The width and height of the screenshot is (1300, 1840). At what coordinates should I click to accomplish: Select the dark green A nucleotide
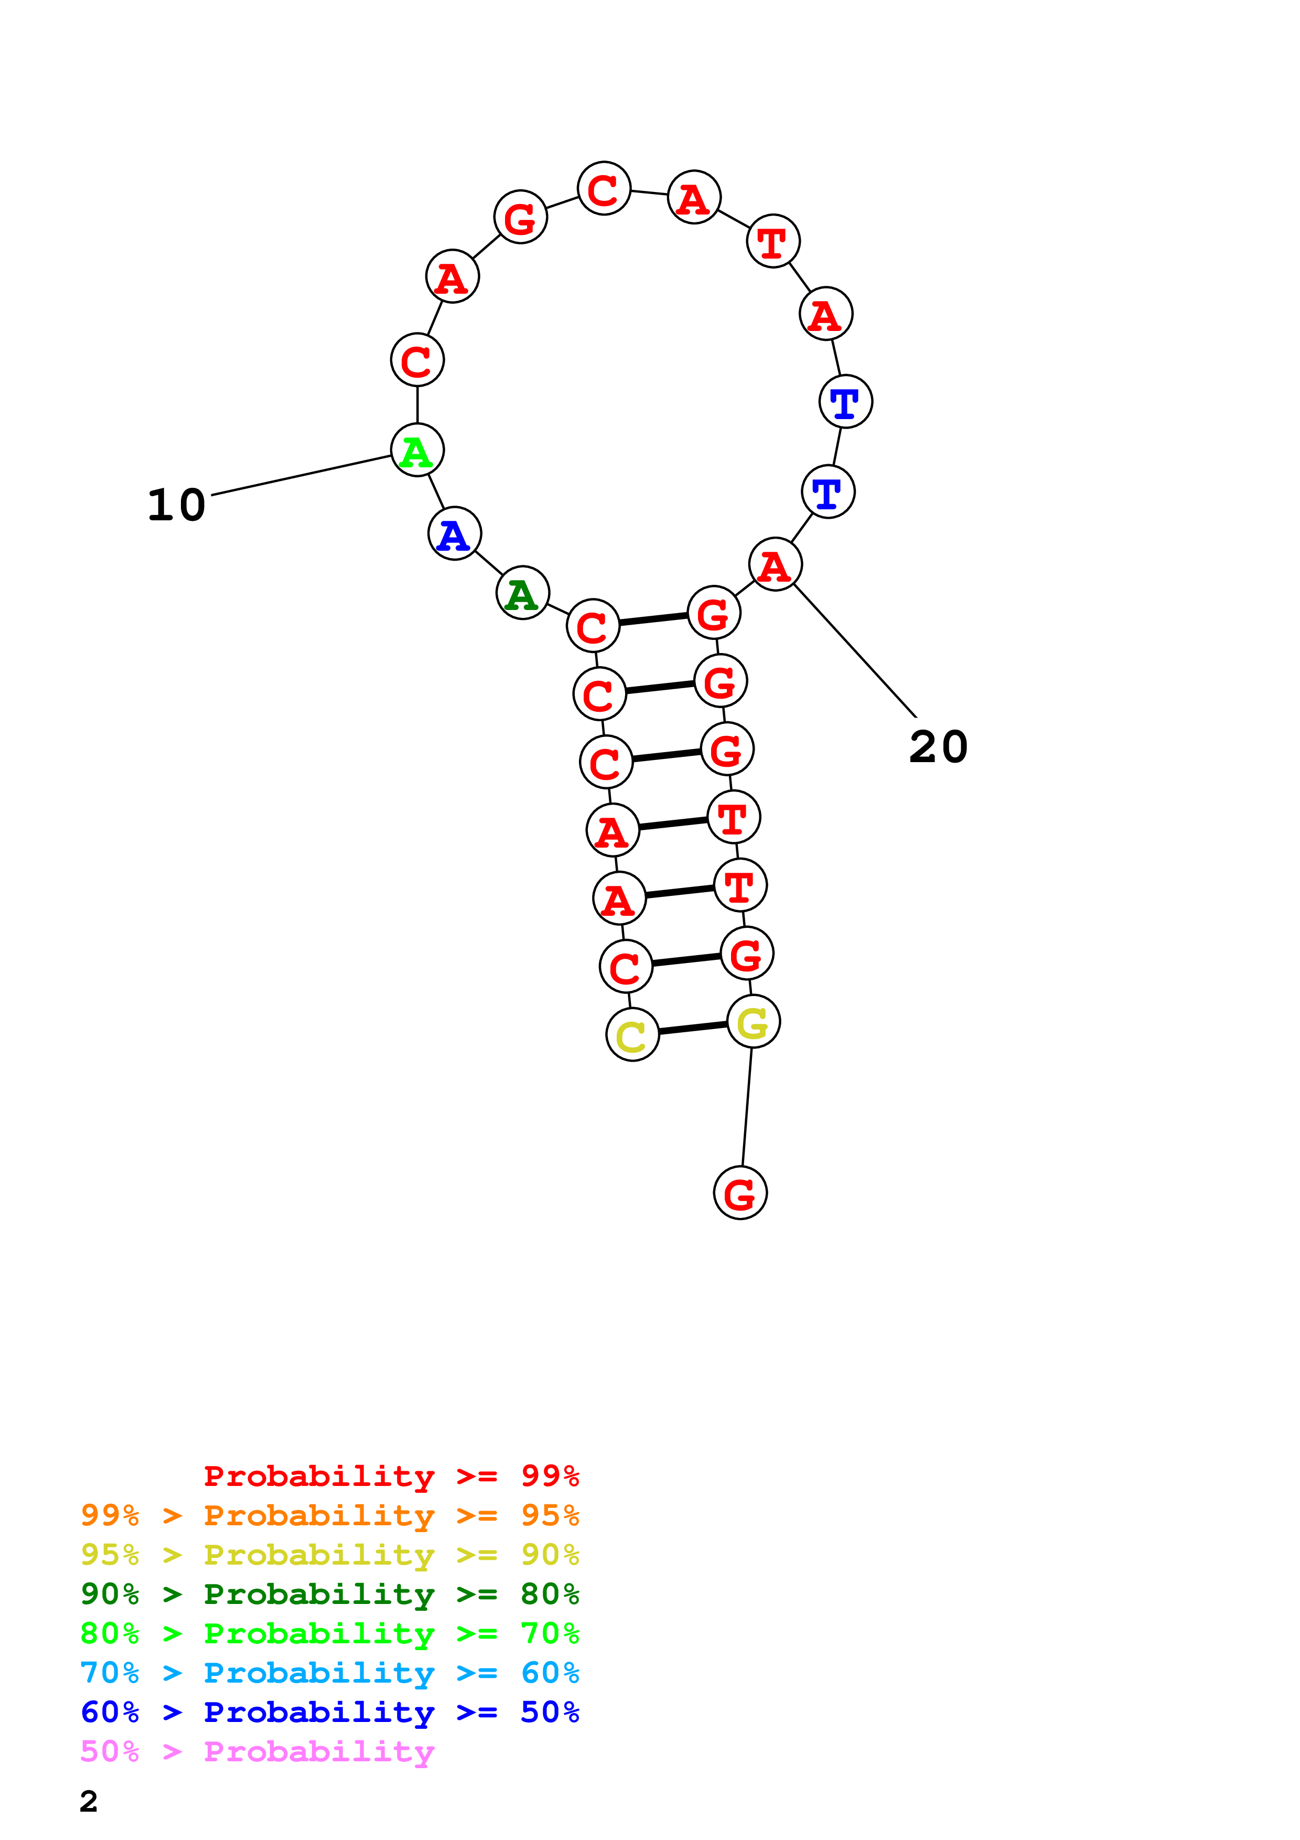[522, 594]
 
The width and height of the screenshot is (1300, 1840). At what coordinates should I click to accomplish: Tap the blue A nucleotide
[454, 534]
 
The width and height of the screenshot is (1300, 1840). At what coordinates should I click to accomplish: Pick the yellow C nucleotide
[632, 1035]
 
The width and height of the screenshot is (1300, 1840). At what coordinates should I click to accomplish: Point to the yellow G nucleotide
[753, 1022]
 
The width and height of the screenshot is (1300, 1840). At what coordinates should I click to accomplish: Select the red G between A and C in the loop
[521, 217]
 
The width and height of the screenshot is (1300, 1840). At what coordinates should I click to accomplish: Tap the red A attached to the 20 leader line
[775, 565]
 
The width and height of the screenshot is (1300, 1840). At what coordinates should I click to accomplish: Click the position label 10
[176, 506]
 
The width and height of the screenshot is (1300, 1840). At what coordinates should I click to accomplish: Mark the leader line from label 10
[300, 475]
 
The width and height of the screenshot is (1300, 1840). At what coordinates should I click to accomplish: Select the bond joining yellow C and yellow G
[693, 1028]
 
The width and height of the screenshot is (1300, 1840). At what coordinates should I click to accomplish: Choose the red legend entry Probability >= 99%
[391, 1476]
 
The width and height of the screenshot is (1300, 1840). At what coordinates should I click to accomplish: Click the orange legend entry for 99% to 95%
[329, 1515]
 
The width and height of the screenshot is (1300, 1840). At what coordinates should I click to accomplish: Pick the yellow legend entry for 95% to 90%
[329, 1555]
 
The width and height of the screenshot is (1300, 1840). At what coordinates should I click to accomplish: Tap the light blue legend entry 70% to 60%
[329, 1673]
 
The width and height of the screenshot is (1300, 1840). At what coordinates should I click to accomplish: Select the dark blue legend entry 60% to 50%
[329, 1713]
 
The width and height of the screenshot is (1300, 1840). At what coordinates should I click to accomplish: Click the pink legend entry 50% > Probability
[257, 1752]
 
